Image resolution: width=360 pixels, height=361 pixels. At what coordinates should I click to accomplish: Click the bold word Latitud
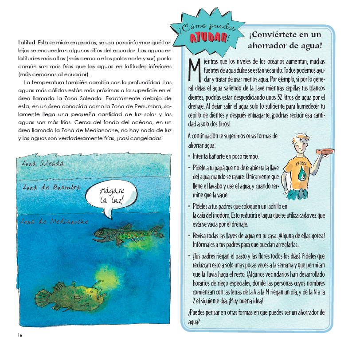coord(26,43)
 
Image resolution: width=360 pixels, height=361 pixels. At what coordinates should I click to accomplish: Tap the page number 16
coord(20,335)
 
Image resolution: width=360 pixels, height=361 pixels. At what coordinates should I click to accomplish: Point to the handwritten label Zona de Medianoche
coord(54,221)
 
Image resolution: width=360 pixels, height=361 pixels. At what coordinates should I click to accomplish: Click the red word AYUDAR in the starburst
coord(209,38)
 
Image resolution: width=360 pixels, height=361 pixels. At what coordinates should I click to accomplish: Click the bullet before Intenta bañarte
coord(190,157)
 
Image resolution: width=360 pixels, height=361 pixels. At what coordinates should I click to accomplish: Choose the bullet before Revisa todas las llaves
coord(190,235)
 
